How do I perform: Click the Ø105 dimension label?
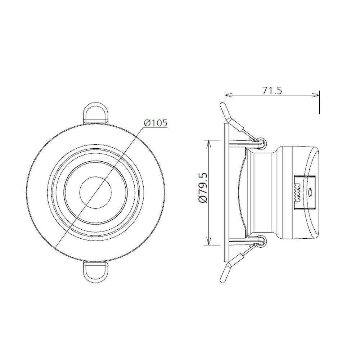point(156,123)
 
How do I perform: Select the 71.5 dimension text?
point(272,90)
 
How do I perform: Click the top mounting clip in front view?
point(95,113)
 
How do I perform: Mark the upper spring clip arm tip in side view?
point(223,107)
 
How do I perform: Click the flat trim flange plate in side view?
point(226,192)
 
